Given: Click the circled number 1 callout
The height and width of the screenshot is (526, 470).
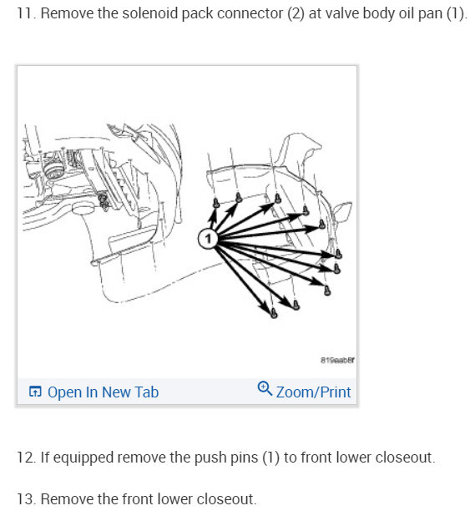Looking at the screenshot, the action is click(208, 239).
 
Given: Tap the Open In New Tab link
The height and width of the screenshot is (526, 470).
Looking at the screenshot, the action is click(103, 392).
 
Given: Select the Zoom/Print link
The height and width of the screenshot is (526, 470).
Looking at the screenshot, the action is click(313, 392).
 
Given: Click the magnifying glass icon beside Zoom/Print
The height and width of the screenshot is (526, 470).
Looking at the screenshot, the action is click(265, 388).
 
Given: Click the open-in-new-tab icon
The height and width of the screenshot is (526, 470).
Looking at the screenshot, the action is click(35, 392).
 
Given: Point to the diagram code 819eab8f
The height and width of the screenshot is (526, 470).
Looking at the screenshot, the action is click(337, 360).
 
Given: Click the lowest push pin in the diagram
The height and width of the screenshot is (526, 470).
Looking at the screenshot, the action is click(274, 313).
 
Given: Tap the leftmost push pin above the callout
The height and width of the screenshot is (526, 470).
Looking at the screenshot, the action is click(215, 203).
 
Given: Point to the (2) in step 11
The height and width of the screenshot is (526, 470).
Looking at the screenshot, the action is click(296, 13).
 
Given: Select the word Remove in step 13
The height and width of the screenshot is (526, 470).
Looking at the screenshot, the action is click(67, 498).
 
